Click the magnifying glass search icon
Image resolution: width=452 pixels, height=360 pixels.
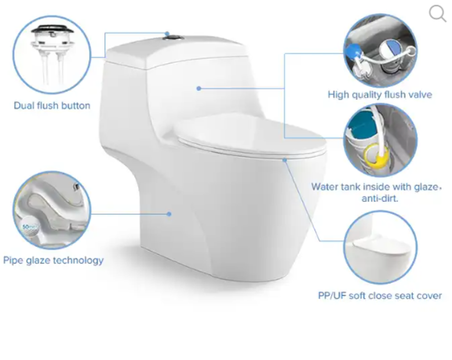coord(438,13)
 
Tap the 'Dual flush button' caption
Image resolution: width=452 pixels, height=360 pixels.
coord(52,106)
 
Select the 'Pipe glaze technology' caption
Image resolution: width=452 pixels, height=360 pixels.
coord(53,260)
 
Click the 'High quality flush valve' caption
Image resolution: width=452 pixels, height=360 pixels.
coord(380,95)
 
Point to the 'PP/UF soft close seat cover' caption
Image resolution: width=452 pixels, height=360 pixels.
coord(380,296)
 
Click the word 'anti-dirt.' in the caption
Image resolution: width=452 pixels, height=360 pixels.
coord(380,198)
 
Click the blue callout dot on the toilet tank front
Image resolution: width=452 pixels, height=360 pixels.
coord(198,89)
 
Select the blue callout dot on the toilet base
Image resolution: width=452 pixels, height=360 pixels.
coord(169,214)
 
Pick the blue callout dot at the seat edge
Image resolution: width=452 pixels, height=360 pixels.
coord(285,160)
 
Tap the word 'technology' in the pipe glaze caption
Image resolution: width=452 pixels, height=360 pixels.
coord(78,260)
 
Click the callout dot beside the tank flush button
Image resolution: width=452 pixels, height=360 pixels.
coord(167,34)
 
